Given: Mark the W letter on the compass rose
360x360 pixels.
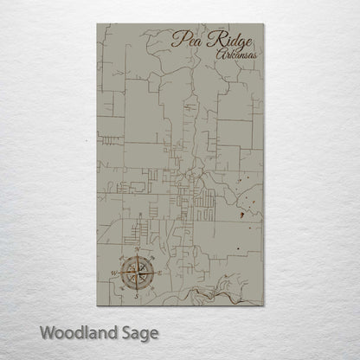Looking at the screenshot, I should point(114,272).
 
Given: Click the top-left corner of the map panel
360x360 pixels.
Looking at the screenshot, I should point(97,23).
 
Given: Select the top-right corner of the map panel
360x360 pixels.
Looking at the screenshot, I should point(263,23).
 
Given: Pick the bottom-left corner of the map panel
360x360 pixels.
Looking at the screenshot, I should point(97,304).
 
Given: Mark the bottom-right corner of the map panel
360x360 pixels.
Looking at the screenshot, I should point(263,304).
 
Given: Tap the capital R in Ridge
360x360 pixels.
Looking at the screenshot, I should point(208,37).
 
